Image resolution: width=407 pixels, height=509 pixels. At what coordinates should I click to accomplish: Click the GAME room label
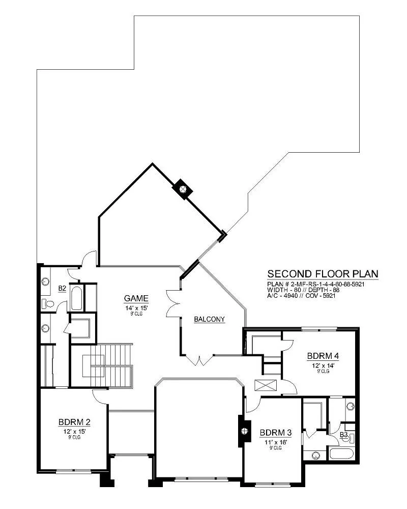(x=136, y=298)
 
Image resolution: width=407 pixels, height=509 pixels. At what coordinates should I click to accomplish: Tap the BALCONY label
(x=209, y=320)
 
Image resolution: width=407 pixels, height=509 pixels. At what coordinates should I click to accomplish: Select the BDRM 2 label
(x=74, y=422)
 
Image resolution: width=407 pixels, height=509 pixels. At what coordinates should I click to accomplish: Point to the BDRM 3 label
(x=276, y=433)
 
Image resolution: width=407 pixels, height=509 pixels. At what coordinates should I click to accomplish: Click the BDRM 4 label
(x=323, y=356)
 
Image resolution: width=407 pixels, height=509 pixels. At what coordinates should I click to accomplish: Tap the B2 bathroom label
(x=62, y=288)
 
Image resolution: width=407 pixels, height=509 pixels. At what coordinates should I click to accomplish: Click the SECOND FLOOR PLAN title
(x=323, y=274)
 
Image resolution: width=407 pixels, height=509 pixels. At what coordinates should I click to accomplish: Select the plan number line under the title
(x=316, y=284)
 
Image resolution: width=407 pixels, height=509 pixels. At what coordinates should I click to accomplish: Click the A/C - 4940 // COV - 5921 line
(x=301, y=296)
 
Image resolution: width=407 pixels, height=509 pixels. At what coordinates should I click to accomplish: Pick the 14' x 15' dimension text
(x=136, y=308)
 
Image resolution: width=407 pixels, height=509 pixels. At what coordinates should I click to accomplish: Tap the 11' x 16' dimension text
(x=276, y=442)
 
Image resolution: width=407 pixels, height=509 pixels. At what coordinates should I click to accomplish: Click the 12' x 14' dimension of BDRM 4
(x=323, y=365)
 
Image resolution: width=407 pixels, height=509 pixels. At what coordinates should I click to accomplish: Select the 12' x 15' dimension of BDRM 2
(x=74, y=432)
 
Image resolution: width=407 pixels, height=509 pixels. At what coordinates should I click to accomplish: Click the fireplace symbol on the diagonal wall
(x=183, y=189)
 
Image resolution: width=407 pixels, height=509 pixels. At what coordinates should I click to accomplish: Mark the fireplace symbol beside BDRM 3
(x=244, y=431)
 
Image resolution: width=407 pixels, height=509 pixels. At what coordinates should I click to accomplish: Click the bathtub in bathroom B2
(x=76, y=298)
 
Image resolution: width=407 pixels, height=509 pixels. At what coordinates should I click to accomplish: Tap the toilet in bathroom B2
(x=47, y=304)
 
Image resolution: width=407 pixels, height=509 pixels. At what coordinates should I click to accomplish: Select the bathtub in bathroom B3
(x=342, y=453)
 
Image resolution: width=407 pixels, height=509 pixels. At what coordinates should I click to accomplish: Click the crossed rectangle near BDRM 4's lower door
(x=266, y=385)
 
